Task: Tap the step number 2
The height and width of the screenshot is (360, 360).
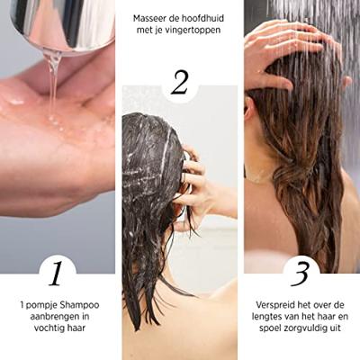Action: pos(180,82)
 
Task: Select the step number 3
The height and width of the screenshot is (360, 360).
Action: pos(301,270)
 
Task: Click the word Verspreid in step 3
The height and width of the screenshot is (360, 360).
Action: pos(276,305)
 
